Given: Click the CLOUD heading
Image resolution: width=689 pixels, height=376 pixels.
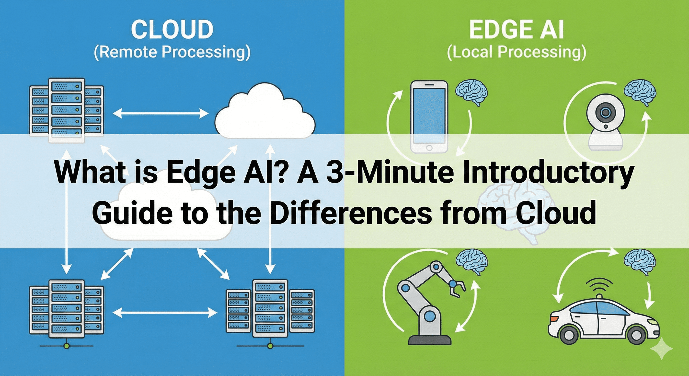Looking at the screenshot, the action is click(x=172, y=29).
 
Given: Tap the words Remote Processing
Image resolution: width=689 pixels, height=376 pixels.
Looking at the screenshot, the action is click(x=172, y=52).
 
